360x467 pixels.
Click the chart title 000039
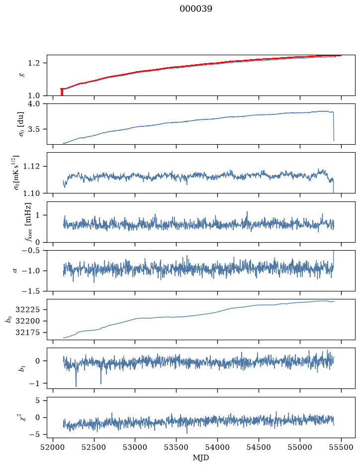(x=195, y=8)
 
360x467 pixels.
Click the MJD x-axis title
(x=201, y=458)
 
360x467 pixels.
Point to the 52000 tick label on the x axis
(x=53, y=447)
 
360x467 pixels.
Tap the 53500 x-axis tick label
(x=177, y=447)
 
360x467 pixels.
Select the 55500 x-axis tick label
(x=341, y=447)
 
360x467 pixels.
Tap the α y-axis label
(x=15, y=271)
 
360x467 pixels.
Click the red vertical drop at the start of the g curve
(x=62, y=92)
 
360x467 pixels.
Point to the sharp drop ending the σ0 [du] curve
(x=334, y=126)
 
